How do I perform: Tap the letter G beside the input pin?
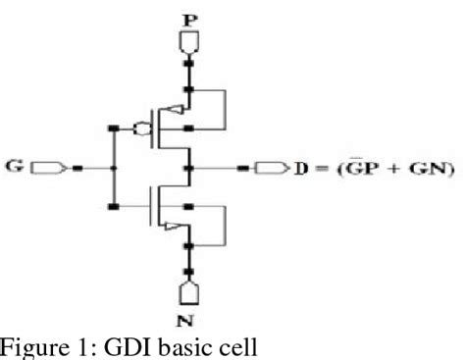coord(14,168)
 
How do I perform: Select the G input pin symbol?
coord(46,168)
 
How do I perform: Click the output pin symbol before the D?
coord(266,168)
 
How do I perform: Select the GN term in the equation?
coord(404,168)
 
